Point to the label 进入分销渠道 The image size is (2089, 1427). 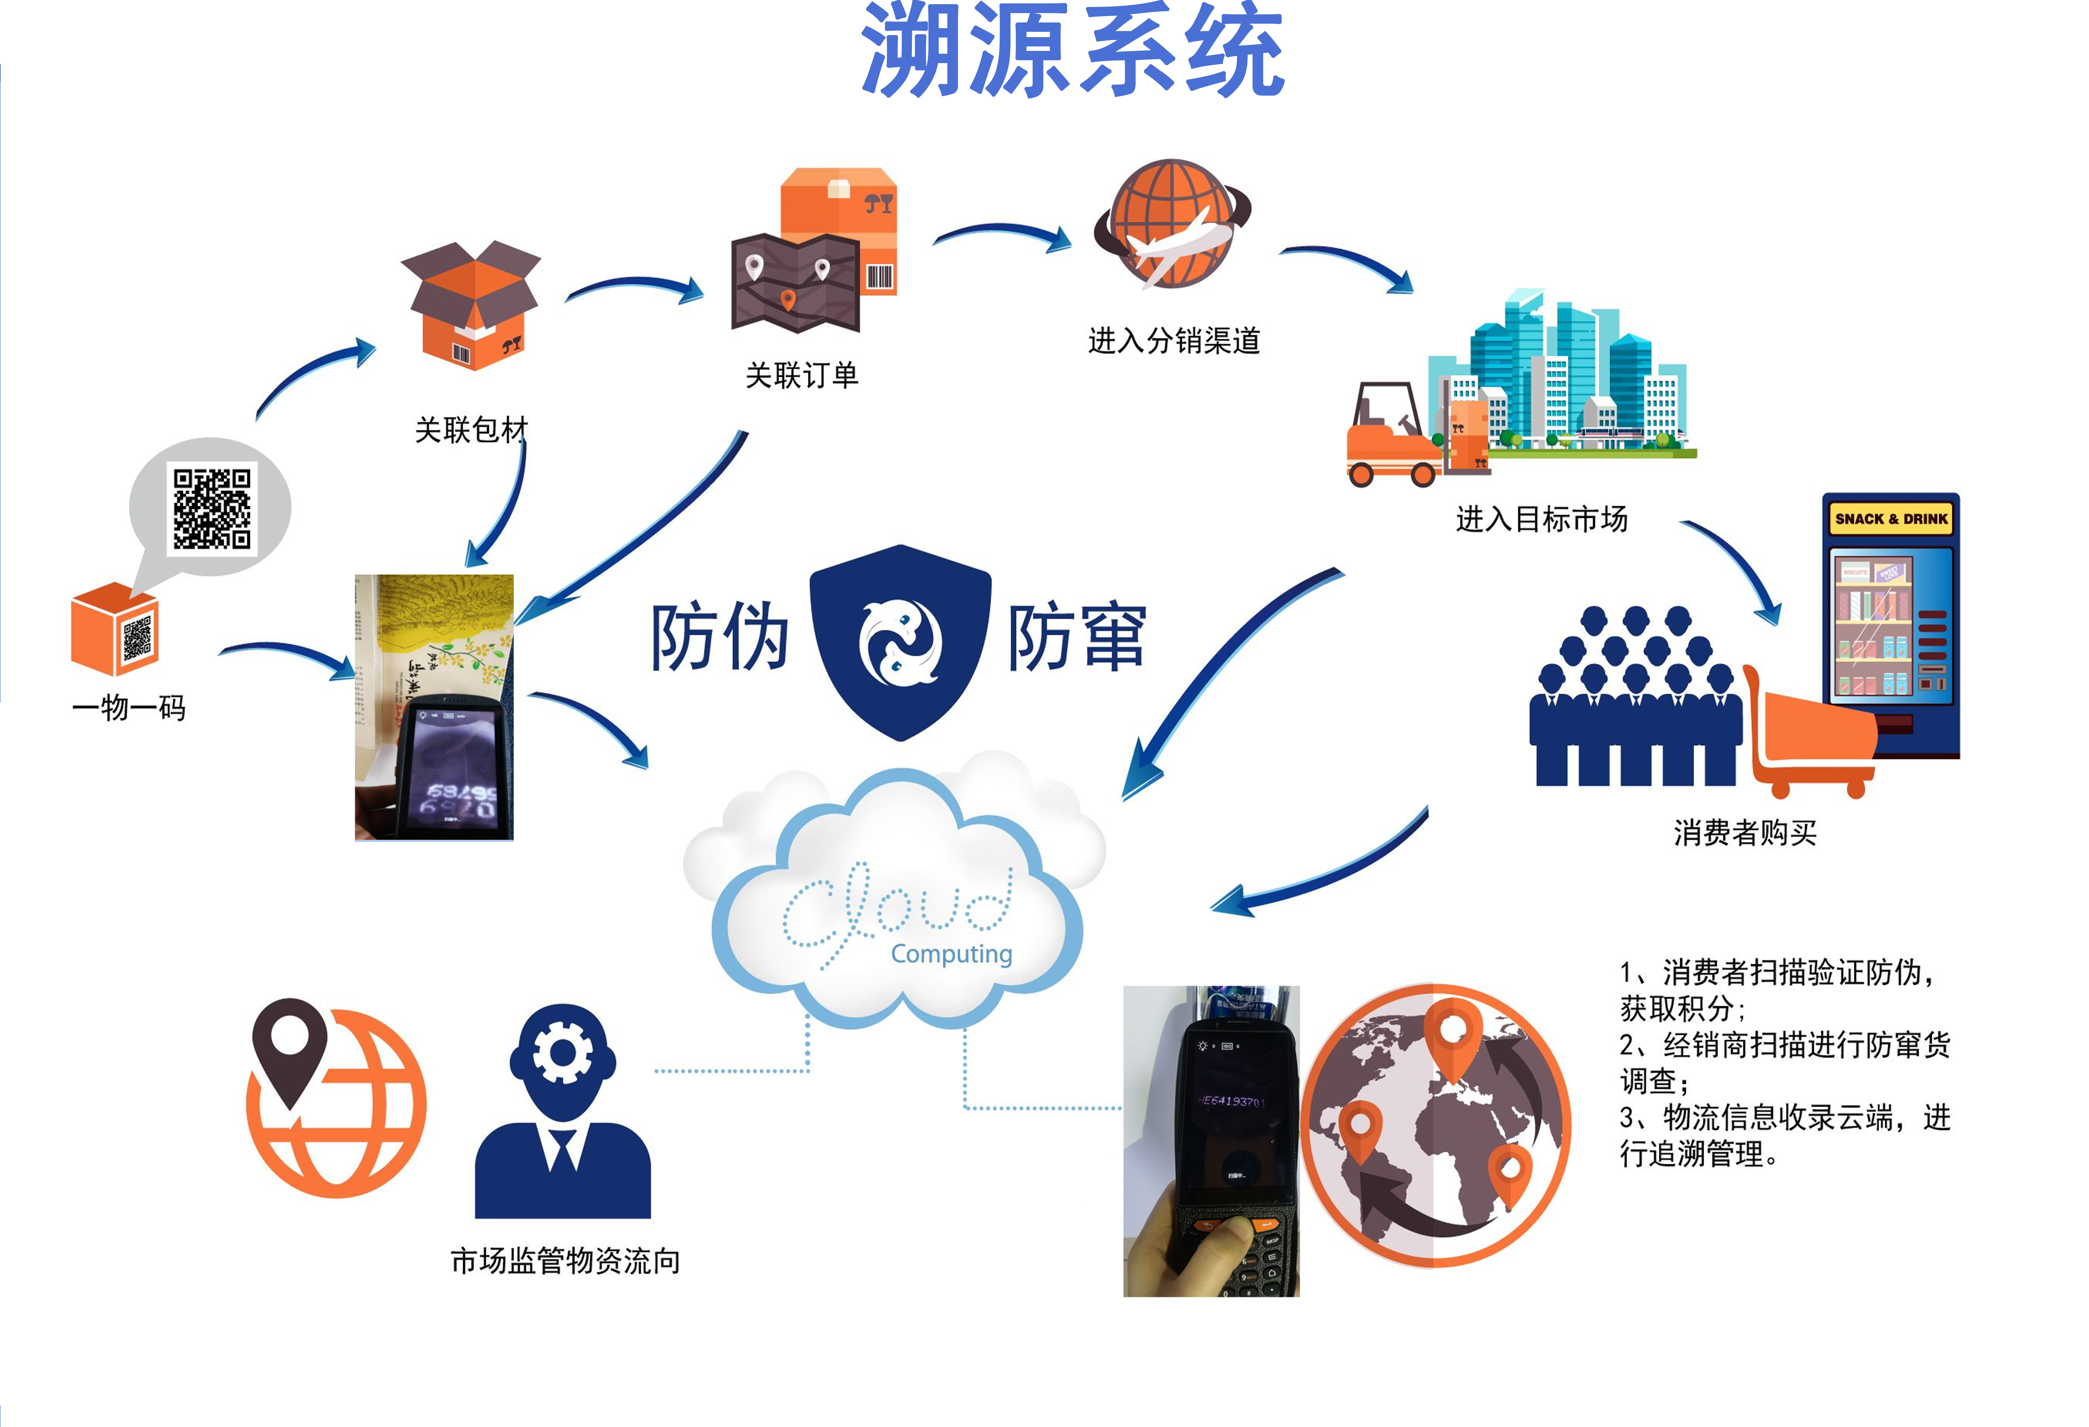point(1174,341)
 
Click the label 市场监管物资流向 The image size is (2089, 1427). point(564,1261)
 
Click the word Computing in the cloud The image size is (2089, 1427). point(951,953)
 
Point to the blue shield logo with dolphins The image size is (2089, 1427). point(900,640)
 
